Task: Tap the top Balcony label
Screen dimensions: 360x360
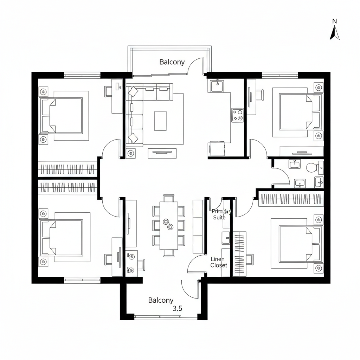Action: click(x=172, y=62)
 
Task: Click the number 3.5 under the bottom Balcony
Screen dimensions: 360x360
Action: click(x=178, y=309)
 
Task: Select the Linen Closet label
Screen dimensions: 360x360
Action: click(x=219, y=262)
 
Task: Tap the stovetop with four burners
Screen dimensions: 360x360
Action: click(x=237, y=115)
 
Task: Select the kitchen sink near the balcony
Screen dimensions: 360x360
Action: click(x=217, y=85)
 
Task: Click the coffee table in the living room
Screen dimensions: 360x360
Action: click(x=160, y=121)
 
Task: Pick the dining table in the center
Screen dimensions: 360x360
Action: click(x=168, y=225)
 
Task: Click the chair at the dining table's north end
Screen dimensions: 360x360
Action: click(x=168, y=198)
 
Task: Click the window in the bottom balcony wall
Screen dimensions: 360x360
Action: click(x=166, y=317)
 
